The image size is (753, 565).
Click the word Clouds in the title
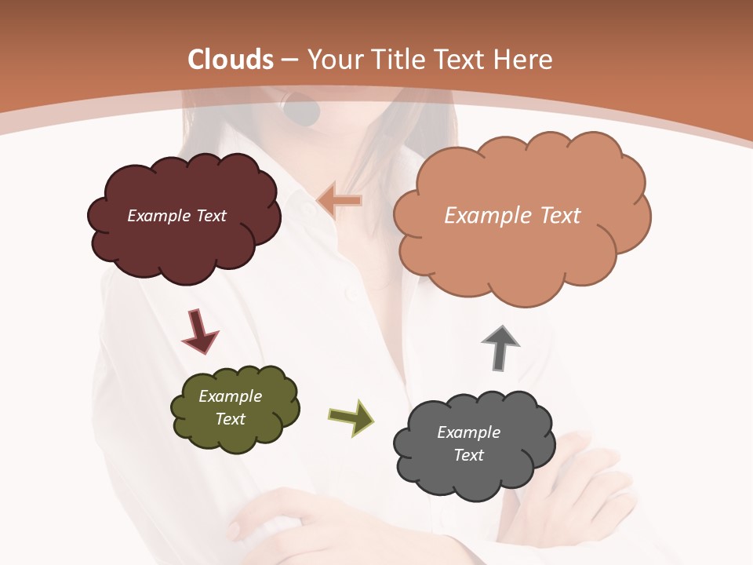point(231,60)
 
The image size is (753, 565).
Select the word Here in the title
point(525,60)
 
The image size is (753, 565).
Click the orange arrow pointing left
point(340,202)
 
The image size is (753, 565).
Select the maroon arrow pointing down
point(199,330)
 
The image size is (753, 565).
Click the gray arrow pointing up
point(500,347)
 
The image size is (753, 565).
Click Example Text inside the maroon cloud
point(176,216)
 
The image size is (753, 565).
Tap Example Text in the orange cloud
point(512,216)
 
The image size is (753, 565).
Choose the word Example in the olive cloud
point(230,396)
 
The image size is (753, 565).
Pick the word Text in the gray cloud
point(468,455)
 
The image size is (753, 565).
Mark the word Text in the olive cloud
point(230,419)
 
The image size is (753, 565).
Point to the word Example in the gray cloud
point(468,432)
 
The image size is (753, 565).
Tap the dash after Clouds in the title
point(289,60)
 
